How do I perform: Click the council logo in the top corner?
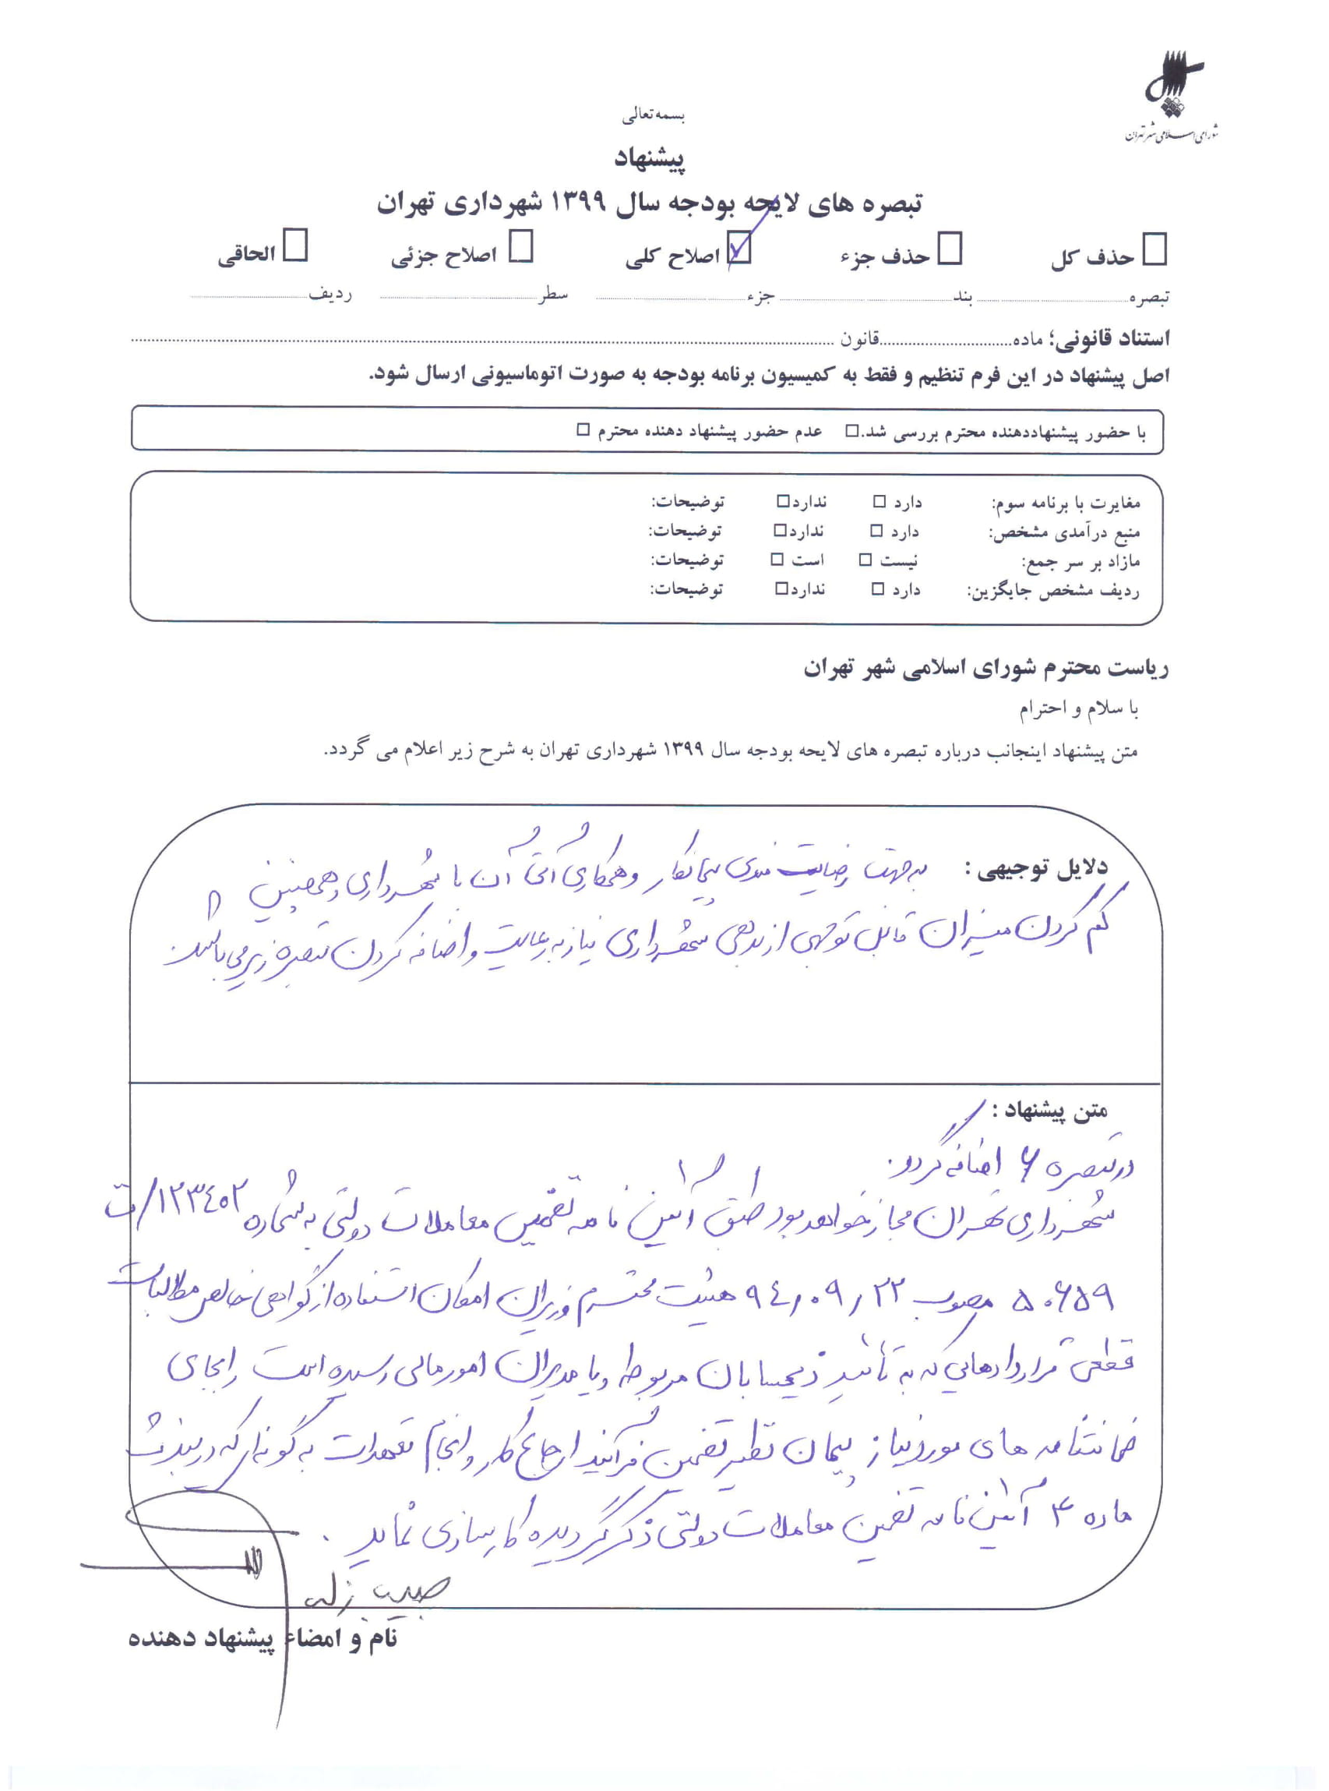[1173, 97]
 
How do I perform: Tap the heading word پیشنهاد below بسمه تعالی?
[649, 158]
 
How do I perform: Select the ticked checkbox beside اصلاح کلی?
[739, 249]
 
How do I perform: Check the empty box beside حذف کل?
[1155, 249]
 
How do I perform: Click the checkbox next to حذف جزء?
[950, 249]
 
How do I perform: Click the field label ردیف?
[330, 294]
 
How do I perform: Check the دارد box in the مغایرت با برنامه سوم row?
[880, 502]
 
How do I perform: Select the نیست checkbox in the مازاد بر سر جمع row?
[865, 560]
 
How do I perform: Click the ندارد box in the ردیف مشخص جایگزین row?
[781, 588]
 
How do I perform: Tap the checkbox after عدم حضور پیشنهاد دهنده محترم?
[583, 430]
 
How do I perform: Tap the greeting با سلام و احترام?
[1078, 708]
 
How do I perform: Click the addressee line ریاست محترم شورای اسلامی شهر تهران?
[985, 668]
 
